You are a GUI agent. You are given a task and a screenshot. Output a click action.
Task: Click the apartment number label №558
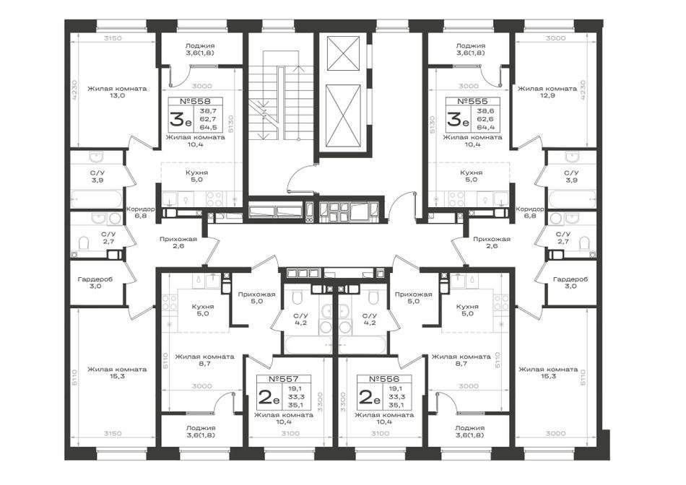[x=195, y=101]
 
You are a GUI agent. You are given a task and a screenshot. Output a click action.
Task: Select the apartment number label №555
[x=472, y=101]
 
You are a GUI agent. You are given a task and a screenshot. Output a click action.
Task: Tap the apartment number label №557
[x=284, y=379]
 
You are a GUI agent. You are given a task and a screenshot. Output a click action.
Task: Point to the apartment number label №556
[x=384, y=379]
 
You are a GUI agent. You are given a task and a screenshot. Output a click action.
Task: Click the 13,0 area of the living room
[x=117, y=95]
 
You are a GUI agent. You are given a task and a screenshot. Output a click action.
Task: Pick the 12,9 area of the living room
[x=547, y=95]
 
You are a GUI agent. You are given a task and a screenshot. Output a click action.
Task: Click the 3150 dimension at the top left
[x=113, y=38]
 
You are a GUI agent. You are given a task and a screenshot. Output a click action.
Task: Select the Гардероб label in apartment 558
[x=95, y=279]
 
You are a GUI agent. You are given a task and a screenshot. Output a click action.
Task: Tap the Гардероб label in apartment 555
[x=570, y=279]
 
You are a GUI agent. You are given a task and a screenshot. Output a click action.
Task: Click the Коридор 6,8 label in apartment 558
[x=140, y=212]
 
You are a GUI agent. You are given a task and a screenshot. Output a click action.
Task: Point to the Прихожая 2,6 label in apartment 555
[x=492, y=242]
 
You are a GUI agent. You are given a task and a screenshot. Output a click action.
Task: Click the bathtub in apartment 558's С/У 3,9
[x=97, y=199]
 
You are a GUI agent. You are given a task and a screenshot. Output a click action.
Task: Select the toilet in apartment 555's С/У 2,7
[x=584, y=243]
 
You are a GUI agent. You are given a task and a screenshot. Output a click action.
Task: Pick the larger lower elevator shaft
[x=344, y=118]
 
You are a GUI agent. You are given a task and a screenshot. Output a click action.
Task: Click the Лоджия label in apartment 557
[x=200, y=428]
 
